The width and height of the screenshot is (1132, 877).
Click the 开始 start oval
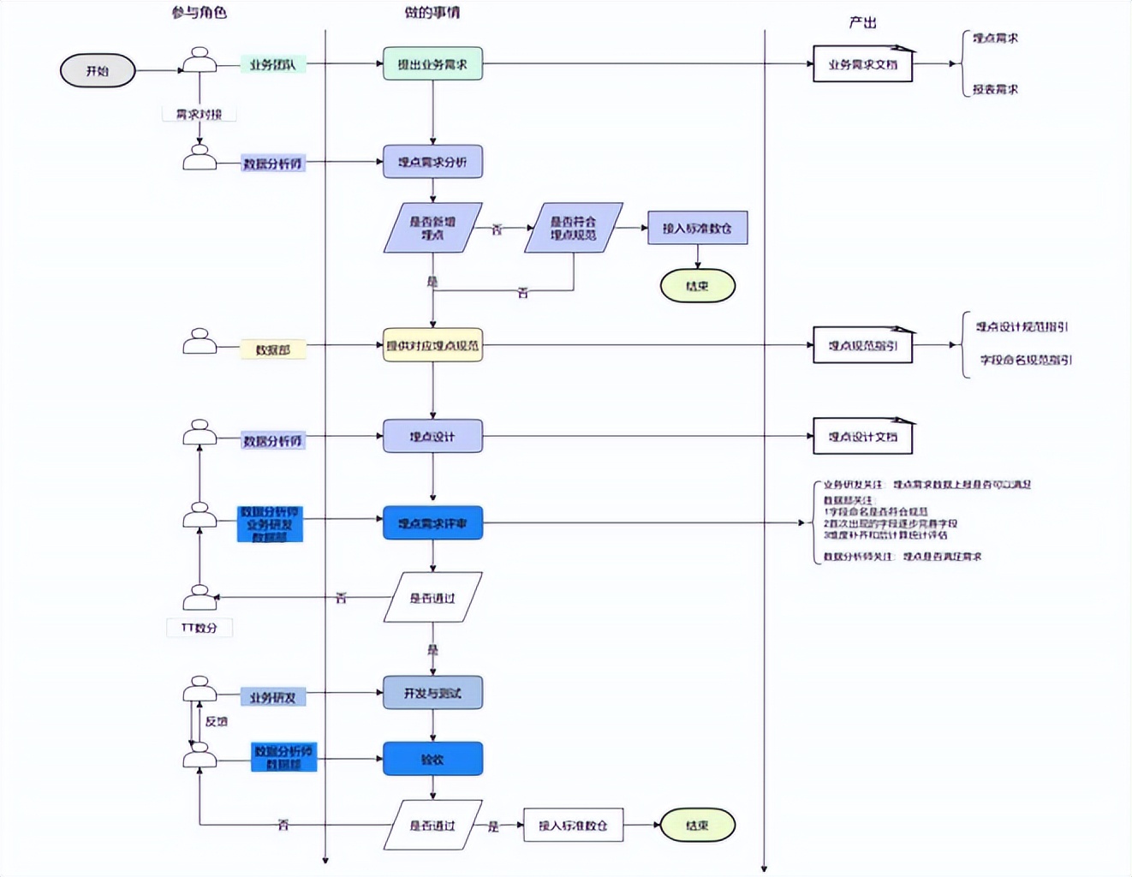[x=98, y=71]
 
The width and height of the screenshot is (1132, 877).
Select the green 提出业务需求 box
[x=432, y=64]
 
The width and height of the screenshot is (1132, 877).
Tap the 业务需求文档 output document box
[x=862, y=64]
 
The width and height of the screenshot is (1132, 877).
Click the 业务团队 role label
[x=272, y=64]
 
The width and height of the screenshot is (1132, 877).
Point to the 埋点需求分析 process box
[x=432, y=162]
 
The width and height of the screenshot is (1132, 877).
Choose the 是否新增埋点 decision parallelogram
[x=432, y=228]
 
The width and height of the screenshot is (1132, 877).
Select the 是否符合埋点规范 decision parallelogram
[x=573, y=228]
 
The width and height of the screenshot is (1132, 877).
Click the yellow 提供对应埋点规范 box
[x=432, y=345]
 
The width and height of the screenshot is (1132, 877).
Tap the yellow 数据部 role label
[x=272, y=349]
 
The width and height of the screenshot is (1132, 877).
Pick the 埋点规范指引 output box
[x=862, y=345]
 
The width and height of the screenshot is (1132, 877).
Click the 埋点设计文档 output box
[x=862, y=437]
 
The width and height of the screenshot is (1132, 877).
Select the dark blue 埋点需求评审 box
[x=432, y=522]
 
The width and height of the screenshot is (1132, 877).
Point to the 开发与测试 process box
[x=432, y=693]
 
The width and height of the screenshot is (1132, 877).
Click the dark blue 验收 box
[x=432, y=759]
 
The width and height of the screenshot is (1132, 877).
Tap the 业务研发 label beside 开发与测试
[x=272, y=697]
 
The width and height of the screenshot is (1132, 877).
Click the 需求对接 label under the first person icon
[x=199, y=114]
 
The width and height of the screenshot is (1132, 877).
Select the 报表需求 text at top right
[x=995, y=89]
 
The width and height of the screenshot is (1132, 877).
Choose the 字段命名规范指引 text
[x=1025, y=360]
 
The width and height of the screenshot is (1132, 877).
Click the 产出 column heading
[x=862, y=22]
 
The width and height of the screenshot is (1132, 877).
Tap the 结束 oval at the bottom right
[x=697, y=825]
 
